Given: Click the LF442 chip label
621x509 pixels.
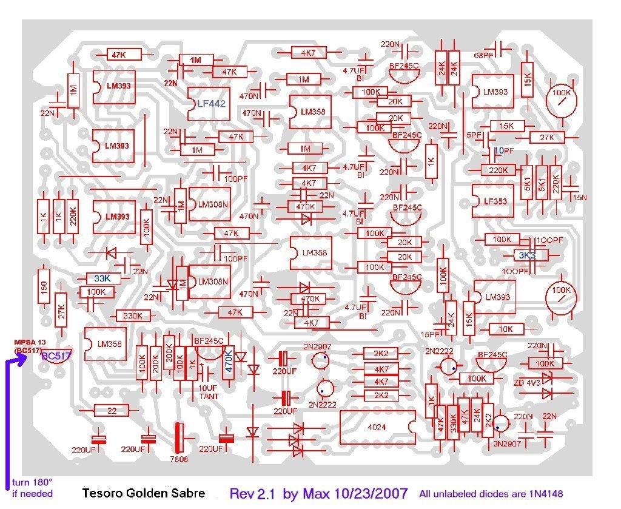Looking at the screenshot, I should (x=211, y=104).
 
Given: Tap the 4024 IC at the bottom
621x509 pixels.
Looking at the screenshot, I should (x=377, y=427).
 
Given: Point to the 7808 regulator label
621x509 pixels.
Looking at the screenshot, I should (x=180, y=459).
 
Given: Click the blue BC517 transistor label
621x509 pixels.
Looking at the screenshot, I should (x=56, y=356).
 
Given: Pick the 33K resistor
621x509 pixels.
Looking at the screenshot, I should (x=102, y=278).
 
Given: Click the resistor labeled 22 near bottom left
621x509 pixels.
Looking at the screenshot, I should (x=112, y=411).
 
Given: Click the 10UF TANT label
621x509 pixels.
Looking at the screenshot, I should (x=209, y=393).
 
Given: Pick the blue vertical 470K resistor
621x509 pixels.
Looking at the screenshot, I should (x=229, y=362).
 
